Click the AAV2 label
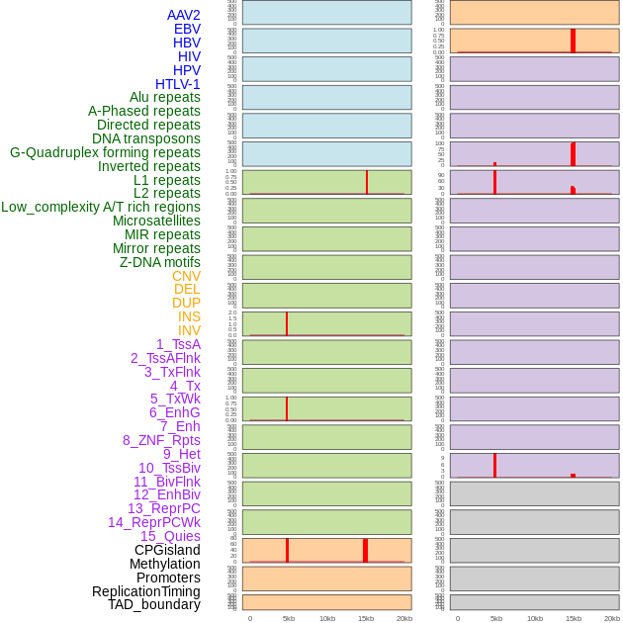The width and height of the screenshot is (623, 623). coord(183,15)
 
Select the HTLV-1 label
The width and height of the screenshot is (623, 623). coord(177,84)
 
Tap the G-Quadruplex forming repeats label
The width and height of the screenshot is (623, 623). coord(105,152)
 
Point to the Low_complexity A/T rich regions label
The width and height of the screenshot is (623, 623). coord(101,207)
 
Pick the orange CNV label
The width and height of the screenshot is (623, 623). coord(186,276)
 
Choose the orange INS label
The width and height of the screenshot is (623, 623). coord(189,316)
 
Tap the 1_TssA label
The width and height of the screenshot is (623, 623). coord(178,344)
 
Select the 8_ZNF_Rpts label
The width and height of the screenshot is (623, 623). coord(161,440)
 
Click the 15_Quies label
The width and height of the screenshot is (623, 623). coord(170,536)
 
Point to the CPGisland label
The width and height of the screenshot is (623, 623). coord(167,550)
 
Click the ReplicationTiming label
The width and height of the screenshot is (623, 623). coord(146,591)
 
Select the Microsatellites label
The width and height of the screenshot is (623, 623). coord(156,221)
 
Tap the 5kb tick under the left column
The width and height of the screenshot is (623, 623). coord(289,618)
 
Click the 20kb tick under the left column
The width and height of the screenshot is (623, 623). coord(404,618)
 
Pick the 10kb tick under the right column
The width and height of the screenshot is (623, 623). coord(535,618)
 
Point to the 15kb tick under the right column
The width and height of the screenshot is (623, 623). coord(574,618)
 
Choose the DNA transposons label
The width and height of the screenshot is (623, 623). coord(146,138)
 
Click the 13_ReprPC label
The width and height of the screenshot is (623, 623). coord(163,508)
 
